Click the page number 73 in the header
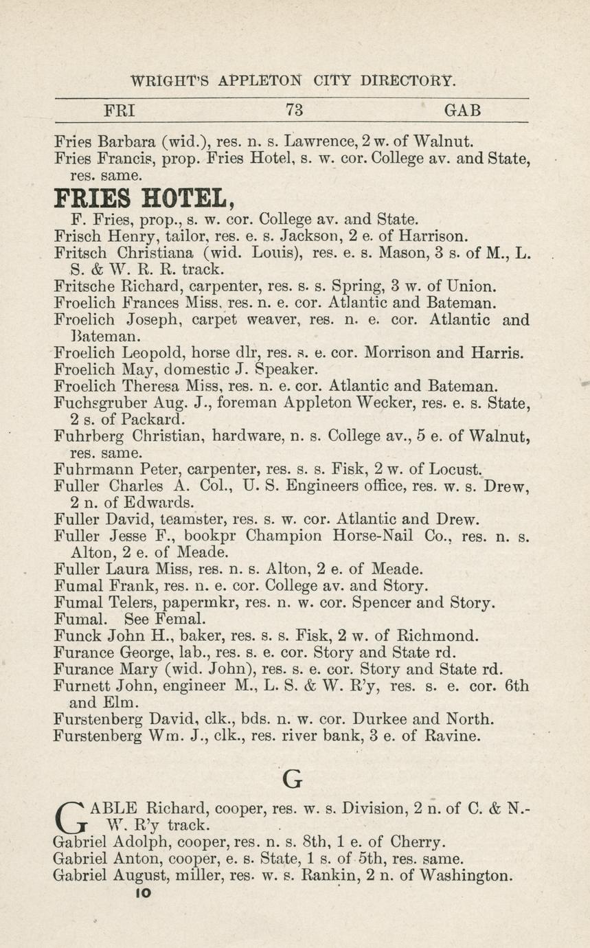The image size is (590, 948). click(x=294, y=110)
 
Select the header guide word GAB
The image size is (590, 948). click(x=462, y=110)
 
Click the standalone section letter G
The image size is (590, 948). click(x=293, y=779)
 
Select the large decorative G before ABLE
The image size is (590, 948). click(x=70, y=815)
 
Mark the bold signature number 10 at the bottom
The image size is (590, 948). click(x=142, y=892)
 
